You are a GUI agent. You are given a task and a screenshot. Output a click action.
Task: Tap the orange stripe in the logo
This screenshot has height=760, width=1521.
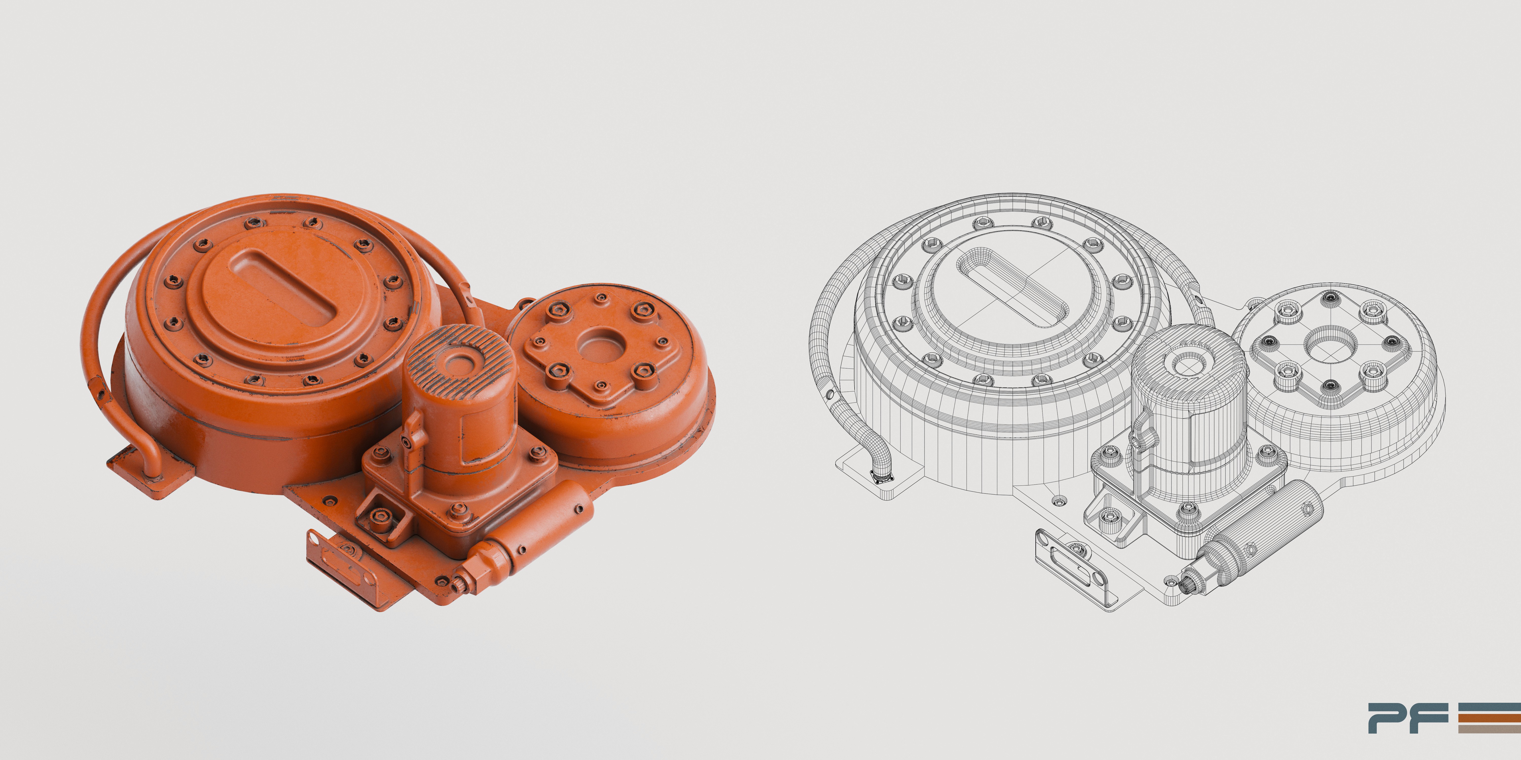[1489, 717]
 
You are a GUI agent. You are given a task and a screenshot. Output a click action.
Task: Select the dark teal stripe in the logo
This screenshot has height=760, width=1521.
[1489, 706]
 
